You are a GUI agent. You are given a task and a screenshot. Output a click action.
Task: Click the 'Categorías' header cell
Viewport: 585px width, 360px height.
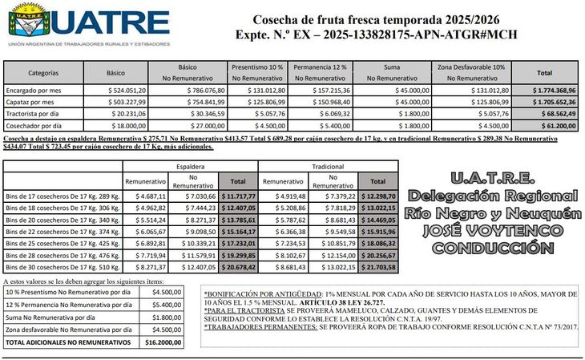point(32,73)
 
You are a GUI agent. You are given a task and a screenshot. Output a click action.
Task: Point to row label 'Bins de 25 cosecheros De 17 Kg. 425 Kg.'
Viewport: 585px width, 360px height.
point(62,241)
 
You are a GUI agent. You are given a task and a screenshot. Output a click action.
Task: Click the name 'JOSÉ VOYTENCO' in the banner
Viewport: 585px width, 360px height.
point(494,232)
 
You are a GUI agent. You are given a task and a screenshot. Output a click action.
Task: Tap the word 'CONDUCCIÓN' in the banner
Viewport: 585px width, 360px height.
point(494,249)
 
